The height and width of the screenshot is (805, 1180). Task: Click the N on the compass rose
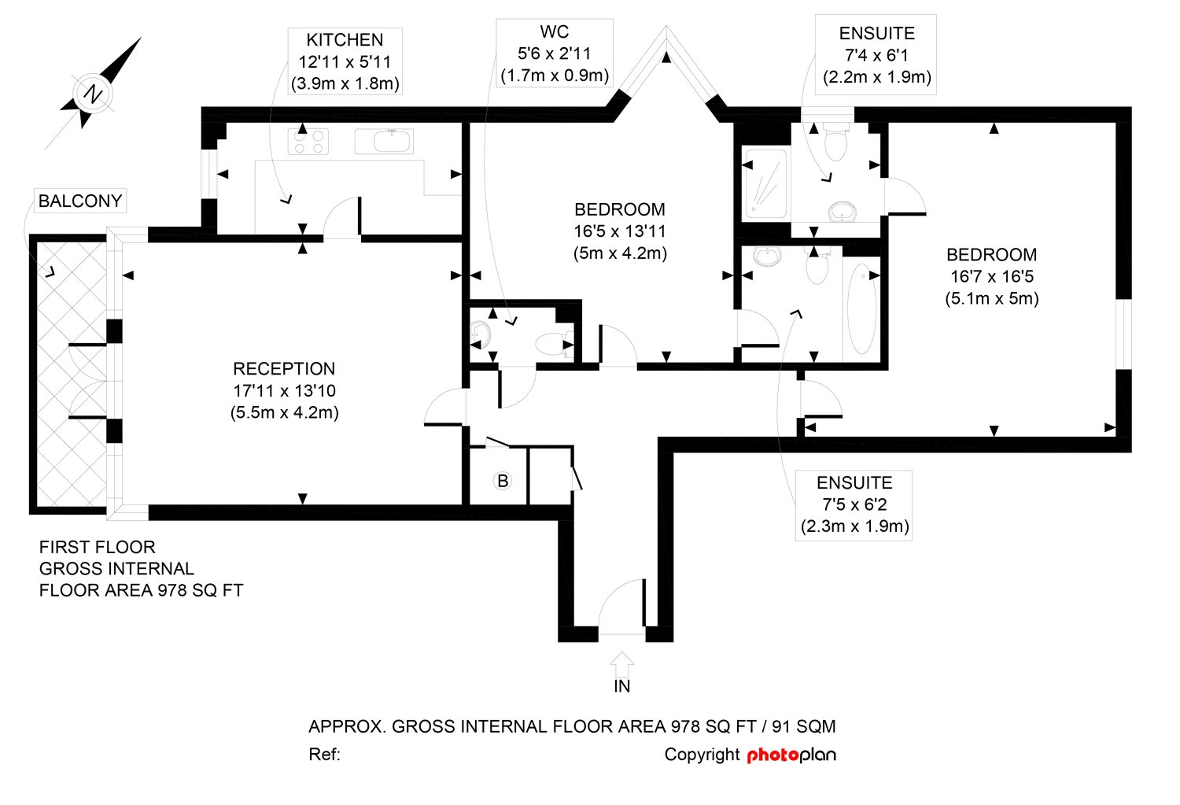(x=94, y=94)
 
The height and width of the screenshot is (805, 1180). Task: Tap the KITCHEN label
(x=345, y=40)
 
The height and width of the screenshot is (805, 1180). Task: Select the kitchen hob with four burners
(x=308, y=142)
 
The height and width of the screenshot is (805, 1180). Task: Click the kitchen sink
(x=384, y=141)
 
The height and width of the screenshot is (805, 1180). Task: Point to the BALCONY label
(x=80, y=201)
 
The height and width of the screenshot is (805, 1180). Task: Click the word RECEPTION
(x=284, y=368)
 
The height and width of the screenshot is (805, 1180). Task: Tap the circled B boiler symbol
(x=503, y=481)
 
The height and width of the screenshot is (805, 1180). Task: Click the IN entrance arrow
(x=621, y=664)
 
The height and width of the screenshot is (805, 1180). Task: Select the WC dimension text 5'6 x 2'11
(x=554, y=54)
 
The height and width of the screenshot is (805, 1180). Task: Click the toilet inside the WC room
(x=554, y=344)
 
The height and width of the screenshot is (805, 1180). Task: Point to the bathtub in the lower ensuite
(x=862, y=308)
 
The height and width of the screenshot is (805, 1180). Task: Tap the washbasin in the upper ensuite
(x=843, y=212)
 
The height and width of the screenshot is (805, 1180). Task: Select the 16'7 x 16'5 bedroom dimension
(x=992, y=276)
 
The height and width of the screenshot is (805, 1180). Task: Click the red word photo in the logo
(x=773, y=755)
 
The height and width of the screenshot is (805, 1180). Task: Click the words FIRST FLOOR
(x=97, y=547)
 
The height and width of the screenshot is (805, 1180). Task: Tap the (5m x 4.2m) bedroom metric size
(x=620, y=253)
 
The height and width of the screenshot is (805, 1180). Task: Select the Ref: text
(x=324, y=755)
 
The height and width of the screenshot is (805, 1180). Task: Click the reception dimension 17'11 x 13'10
(x=285, y=390)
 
